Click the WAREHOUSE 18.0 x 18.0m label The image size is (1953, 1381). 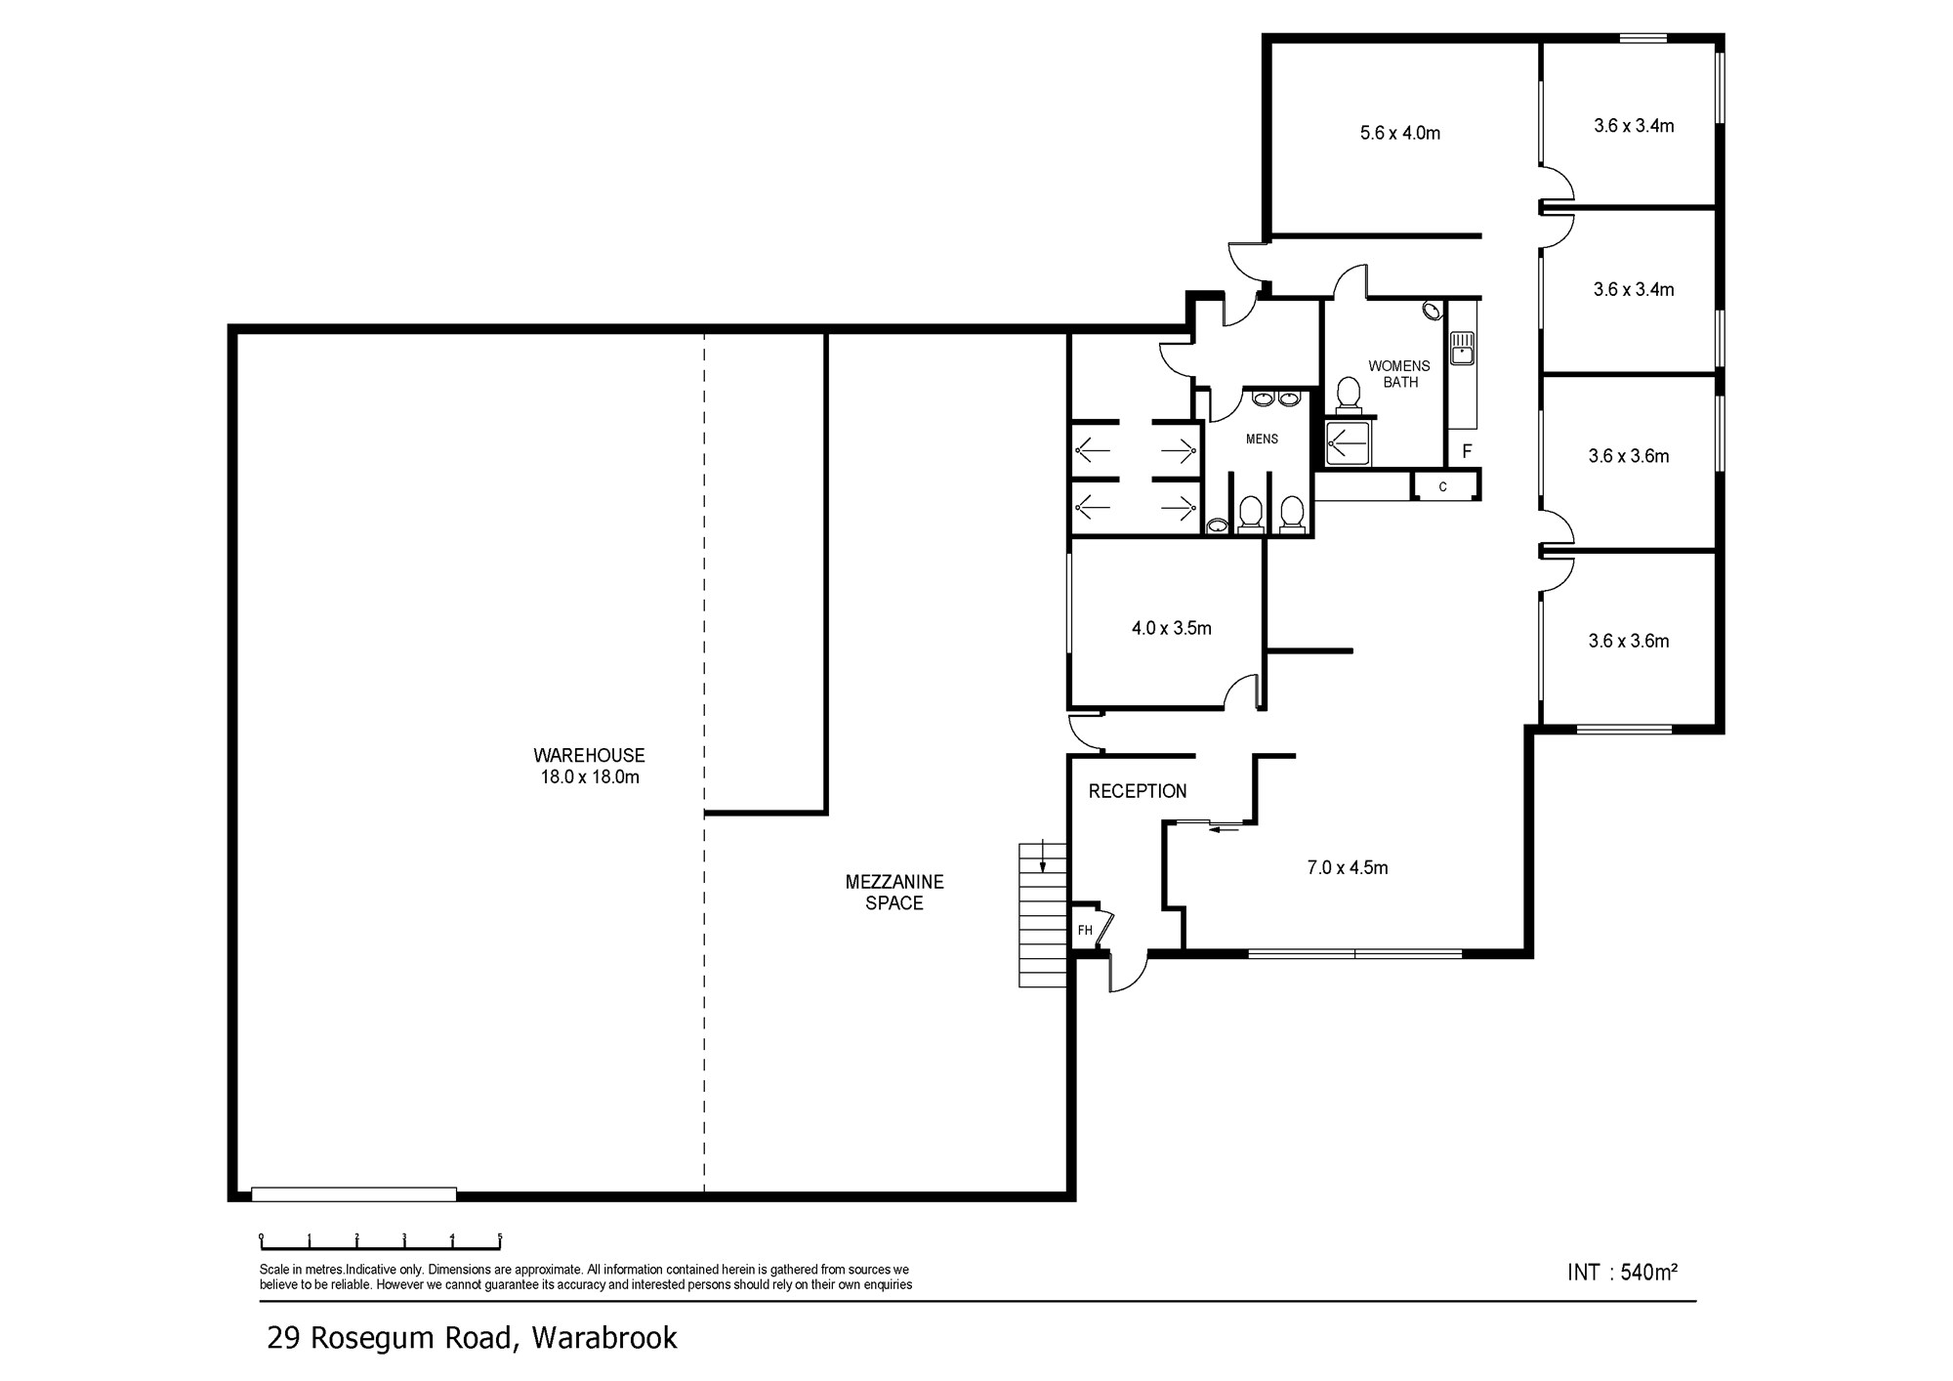coord(589,766)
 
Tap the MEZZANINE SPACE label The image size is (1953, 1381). coord(894,893)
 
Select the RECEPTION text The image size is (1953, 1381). coord(1138,791)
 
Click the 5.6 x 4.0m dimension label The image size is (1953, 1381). coord(1400,133)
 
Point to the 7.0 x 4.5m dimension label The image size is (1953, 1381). coord(1348,867)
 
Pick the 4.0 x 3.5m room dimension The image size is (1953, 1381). coord(1172,628)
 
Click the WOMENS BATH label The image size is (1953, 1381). coord(1399,374)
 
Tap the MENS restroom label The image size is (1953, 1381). coord(1262,439)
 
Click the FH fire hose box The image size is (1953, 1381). coord(1086,930)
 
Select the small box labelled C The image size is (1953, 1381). coord(1443,486)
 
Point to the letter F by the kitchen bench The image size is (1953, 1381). coord(1467,451)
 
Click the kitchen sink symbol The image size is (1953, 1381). coord(1462,348)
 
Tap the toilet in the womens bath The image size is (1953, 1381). coord(1349,394)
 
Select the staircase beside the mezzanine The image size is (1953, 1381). coord(1044,914)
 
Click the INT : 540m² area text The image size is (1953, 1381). coord(1622,1272)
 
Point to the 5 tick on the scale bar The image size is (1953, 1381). coord(500,1240)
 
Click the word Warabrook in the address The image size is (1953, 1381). coord(604,1337)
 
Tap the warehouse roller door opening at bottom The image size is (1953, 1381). coord(353,1193)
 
